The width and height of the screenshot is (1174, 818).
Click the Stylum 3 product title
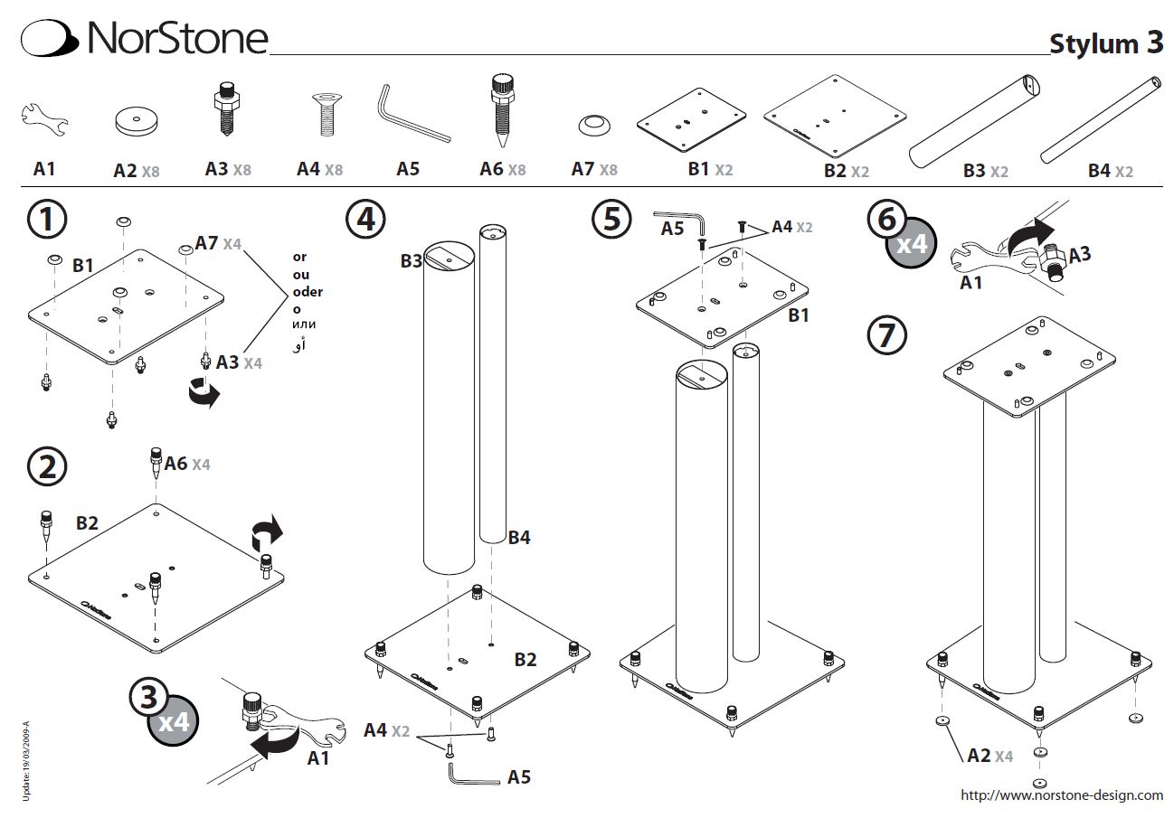click(x=1105, y=44)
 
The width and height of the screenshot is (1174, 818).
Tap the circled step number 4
click(x=365, y=220)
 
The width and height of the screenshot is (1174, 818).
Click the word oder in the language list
click(x=308, y=292)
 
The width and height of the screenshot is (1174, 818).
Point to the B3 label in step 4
click(x=412, y=262)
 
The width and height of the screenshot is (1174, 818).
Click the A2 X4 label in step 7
click(x=990, y=756)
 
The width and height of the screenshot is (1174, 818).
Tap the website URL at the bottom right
click(x=1062, y=795)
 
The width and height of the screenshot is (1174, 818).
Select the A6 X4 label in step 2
click(x=186, y=464)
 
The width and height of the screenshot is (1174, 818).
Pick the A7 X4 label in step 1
click(x=218, y=243)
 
